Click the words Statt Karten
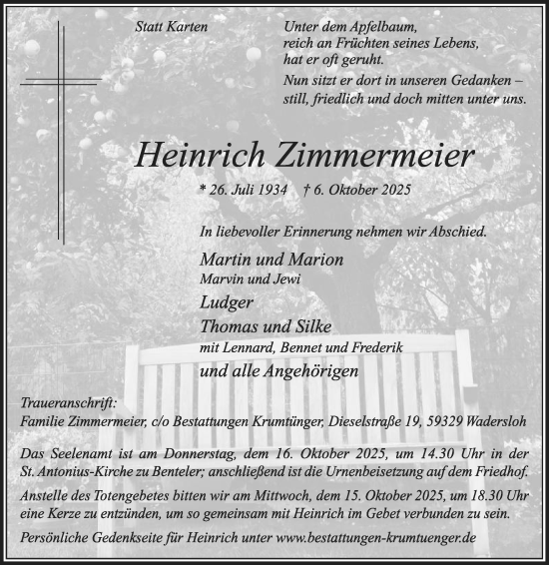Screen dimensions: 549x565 [171, 27]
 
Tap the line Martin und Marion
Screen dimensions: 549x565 [257, 259]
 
